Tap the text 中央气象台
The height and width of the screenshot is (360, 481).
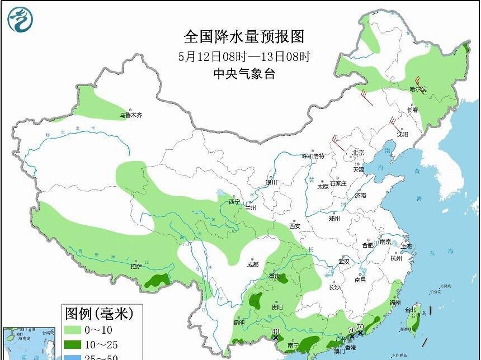point(244,74)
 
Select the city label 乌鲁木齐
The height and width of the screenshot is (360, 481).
point(131,115)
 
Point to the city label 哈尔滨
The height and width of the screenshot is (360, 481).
point(417,89)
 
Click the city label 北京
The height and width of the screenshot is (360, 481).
point(358,153)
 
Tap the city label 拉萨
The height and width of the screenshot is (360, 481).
point(136,266)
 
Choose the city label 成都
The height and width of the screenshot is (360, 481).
point(253,264)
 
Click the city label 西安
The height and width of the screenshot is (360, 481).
point(295,226)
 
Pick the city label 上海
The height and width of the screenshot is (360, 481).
point(406,246)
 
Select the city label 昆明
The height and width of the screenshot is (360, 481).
point(239,323)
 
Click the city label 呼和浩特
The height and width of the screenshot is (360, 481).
point(313,156)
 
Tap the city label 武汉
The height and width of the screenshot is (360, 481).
point(343,261)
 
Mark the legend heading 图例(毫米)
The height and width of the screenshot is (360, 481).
point(100,313)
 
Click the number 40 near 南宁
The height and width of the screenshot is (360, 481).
point(275,331)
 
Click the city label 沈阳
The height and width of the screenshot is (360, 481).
point(402,134)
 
